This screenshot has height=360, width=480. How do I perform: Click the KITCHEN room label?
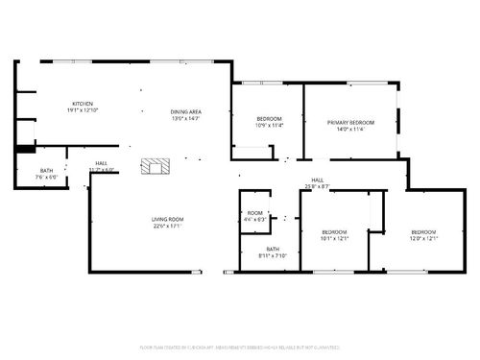(82, 104)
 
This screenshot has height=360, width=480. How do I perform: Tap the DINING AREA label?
(186, 111)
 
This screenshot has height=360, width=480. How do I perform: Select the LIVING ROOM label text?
(166, 220)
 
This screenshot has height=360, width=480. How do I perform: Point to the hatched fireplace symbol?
(154, 166)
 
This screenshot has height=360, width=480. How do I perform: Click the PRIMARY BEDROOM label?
(349, 123)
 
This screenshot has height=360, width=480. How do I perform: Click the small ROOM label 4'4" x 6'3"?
(254, 213)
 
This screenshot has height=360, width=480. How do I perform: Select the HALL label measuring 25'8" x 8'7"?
(317, 182)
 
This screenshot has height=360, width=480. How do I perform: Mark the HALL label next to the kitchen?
(101, 163)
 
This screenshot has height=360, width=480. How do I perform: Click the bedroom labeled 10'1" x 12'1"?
(334, 232)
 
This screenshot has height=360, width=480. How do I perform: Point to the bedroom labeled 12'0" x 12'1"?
(423, 232)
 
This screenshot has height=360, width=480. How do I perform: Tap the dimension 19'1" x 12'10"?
(82, 110)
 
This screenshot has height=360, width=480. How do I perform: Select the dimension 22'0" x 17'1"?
(166, 227)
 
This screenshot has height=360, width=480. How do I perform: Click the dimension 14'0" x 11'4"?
(349, 130)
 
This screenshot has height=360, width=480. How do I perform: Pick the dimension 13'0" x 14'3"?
(186, 118)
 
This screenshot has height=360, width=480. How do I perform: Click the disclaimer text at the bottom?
(240, 346)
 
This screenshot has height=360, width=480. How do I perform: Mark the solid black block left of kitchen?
(24, 149)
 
